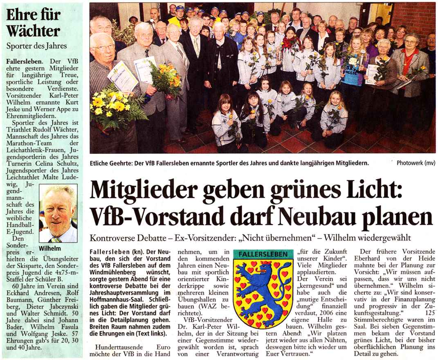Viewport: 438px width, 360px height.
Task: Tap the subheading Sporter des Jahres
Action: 36,45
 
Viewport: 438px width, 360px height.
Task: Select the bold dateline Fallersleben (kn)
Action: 110,250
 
